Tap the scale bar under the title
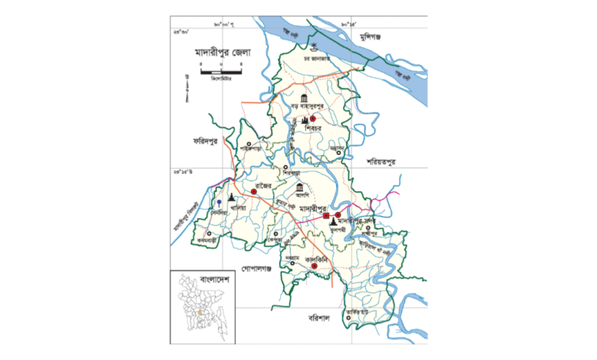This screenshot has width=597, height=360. point(222,73)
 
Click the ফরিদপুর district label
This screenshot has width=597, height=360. point(207,142)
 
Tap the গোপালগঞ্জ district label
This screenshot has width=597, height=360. point(256,270)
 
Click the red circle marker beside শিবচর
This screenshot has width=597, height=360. point(313,119)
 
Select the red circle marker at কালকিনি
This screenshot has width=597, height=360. point(325,266)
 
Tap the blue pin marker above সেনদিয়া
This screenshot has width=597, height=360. point(219,201)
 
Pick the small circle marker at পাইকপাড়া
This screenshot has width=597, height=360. point(250,142)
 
